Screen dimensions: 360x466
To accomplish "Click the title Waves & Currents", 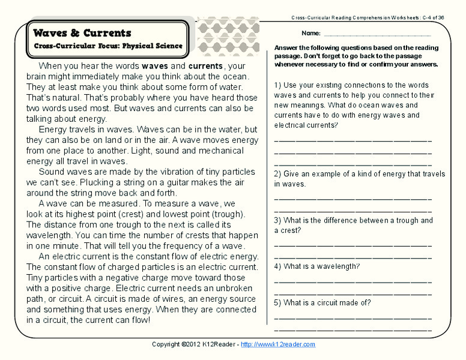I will coord(82,33).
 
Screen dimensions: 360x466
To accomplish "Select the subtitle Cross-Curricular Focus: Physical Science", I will coord(108,46).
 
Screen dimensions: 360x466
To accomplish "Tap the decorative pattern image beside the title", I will coord(228,36).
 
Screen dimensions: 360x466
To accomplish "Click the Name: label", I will coord(310,33).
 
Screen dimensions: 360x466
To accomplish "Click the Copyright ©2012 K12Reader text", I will coord(195,344).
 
